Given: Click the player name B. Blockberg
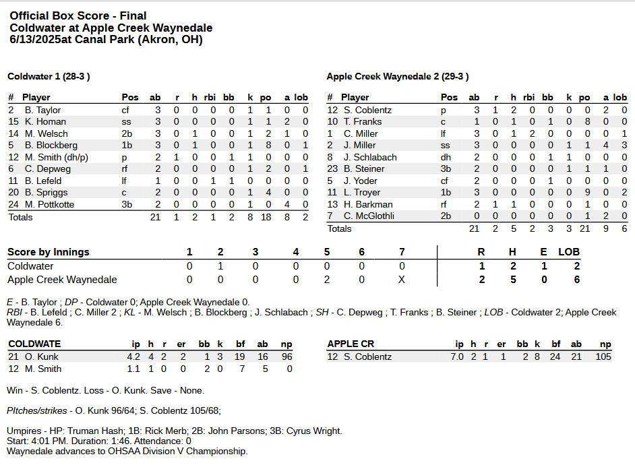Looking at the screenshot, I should click(x=51, y=145).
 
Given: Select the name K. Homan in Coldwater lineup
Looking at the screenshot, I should click(x=45, y=121).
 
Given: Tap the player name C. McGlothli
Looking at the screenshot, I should click(x=369, y=216).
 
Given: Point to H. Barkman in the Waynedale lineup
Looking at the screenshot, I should click(x=368, y=204).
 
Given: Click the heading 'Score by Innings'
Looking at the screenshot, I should click(x=49, y=252).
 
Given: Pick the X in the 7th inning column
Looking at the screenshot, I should click(x=402, y=280).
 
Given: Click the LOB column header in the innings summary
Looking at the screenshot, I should click(x=569, y=252).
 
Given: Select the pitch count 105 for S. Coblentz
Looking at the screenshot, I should click(x=603, y=356).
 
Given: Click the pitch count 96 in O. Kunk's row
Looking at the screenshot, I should click(x=286, y=356).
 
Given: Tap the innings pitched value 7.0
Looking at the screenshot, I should click(x=457, y=356).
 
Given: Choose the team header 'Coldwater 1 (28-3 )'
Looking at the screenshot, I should click(x=49, y=76).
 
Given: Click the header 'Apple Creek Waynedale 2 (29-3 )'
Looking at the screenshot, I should click(x=398, y=76).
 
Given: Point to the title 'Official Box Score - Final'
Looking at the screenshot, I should click(x=78, y=15).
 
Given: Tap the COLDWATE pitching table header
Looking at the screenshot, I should click(x=34, y=344).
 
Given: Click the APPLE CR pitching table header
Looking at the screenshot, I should click(x=351, y=344).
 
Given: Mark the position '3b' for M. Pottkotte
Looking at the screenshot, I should click(x=127, y=204).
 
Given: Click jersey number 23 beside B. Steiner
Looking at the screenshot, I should click(x=332, y=168).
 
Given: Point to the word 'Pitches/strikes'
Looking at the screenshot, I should click(x=37, y=410).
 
